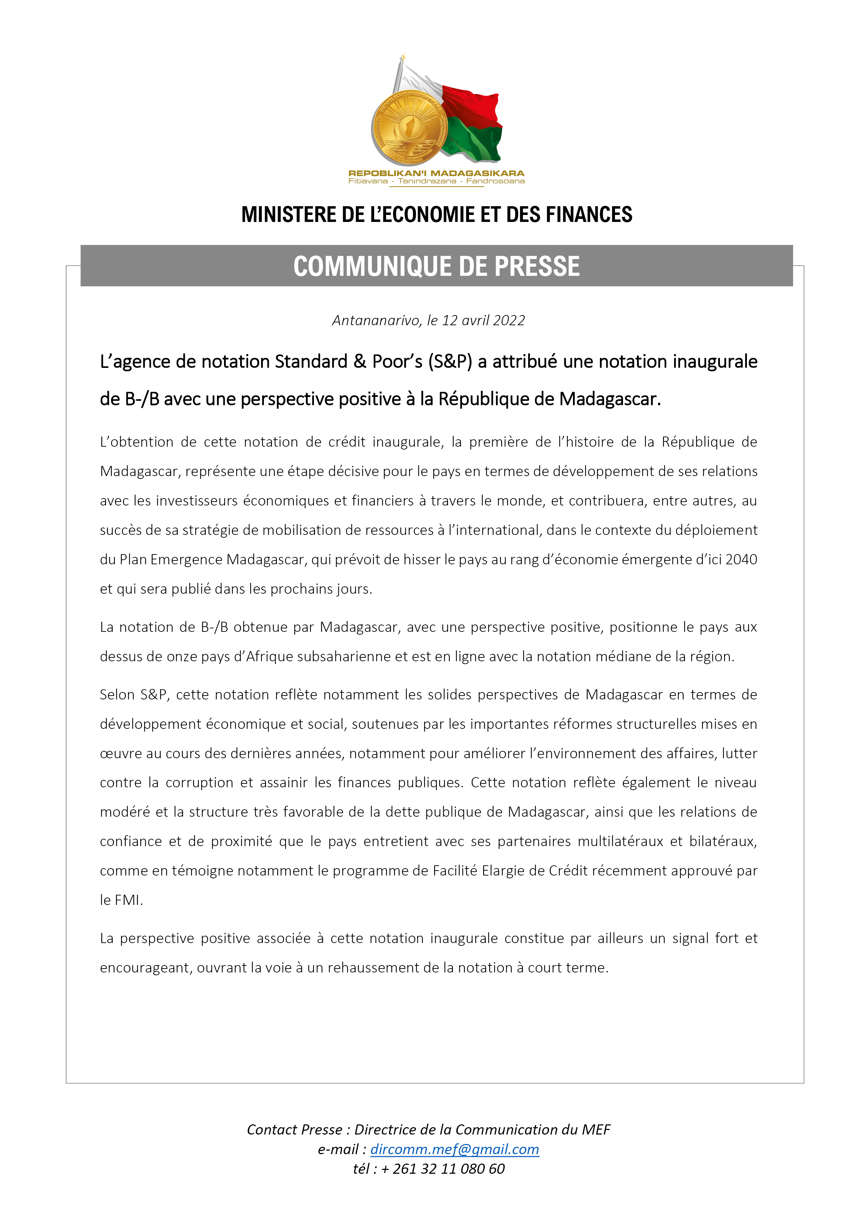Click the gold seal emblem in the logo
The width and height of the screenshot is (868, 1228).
(x=409, y=128)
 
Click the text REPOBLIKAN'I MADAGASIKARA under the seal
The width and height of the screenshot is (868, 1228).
(x=436, y=173)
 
